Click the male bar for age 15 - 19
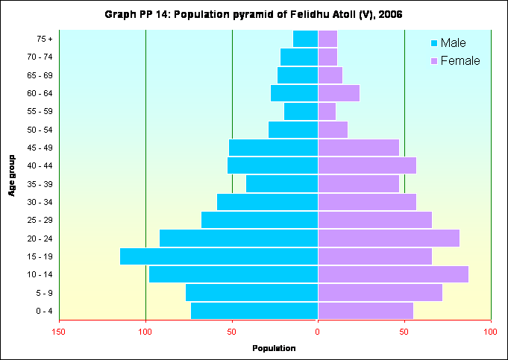coord(219,256)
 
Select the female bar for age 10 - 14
coord(393,274)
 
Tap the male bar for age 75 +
coord(305,39)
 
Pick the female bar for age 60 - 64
coord(339,93)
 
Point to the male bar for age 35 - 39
coord(282,184)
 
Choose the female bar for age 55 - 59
coord(327,111)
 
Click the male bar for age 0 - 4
coord(254,311)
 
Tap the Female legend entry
coord(456,60)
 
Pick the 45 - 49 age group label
coord(39,148)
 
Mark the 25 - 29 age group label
coord(39,221)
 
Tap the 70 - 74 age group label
coord(39,57)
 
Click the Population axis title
coord(274,348)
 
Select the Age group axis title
coord(13,175)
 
